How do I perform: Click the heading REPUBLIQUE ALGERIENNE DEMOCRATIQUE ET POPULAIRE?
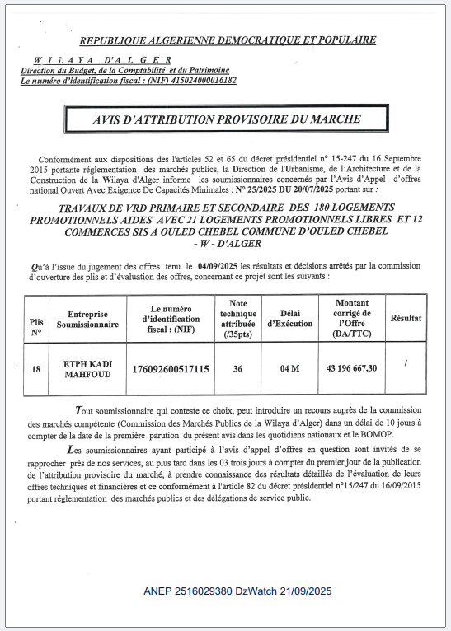click(228, 40)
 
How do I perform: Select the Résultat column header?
click(406, 318)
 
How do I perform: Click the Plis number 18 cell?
click(35, 368)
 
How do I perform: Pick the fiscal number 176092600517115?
click(171, 368)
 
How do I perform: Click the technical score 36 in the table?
click(238, 368)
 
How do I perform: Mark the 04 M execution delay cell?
click(289, 368)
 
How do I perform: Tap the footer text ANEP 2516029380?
click(186, 591)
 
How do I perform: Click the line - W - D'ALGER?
click(227, 244)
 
